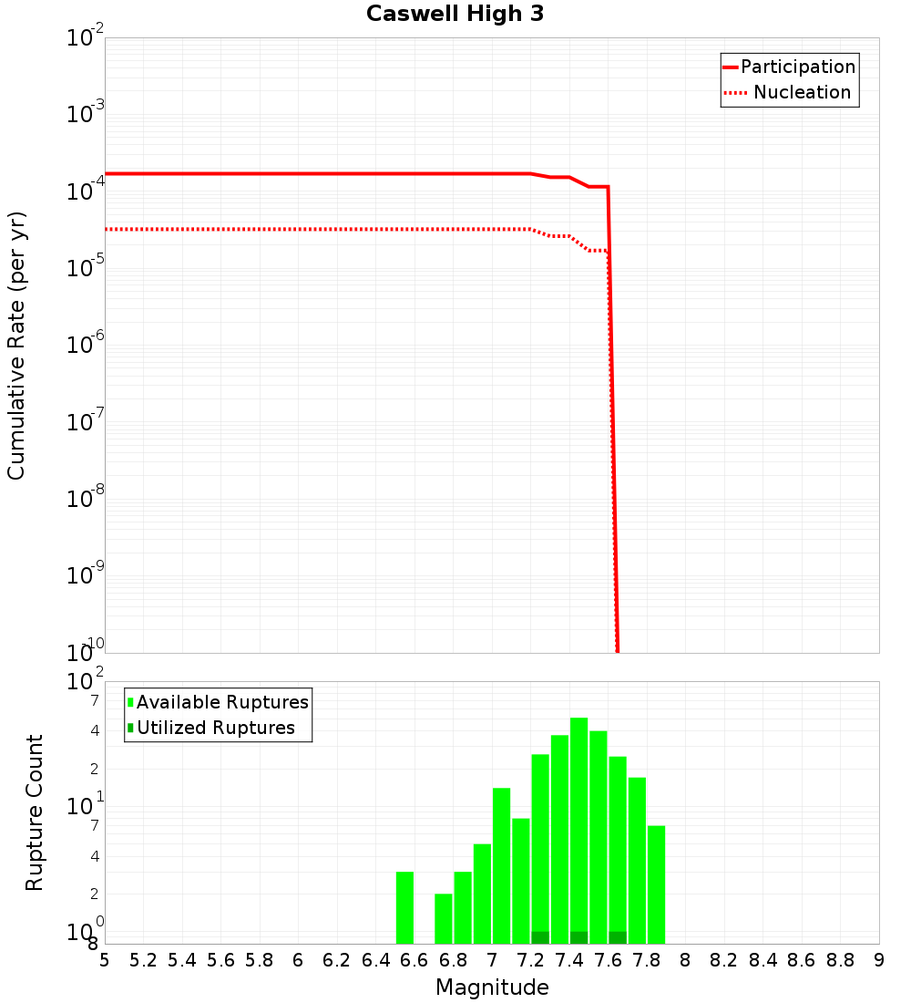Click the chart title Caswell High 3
click(x=455, y=15)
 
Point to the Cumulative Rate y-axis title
click(x=16, y=346)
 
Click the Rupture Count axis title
click(x=35, y=812)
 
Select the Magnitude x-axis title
click(x=492, y=987)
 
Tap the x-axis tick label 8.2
click(x=724, y=960)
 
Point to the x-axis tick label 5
click(x=105, y=960)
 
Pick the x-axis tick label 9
click(x=879, y=960)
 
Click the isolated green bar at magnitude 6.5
click(x=405, y=907)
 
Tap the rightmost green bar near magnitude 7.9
click(x=657, y=884)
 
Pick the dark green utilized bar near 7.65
click(x=618, y=937)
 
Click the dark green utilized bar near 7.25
click(x=540, y=937)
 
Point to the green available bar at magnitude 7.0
click(x=502, y=866)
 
